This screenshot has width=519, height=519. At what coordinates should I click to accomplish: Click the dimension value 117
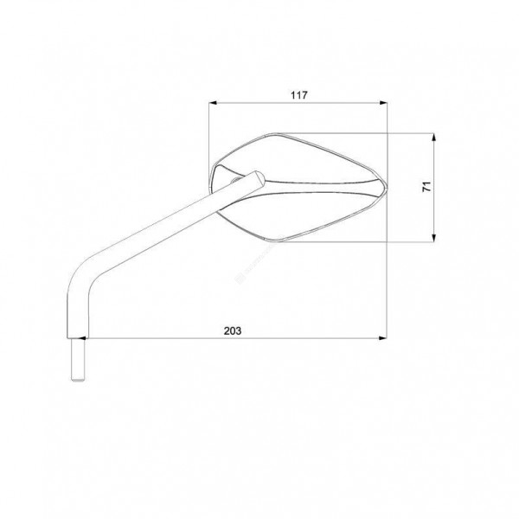click(x=299, y=95)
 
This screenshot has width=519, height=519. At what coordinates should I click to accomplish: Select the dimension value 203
click(x=233, y=330)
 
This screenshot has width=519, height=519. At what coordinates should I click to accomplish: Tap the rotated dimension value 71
click(x=427, y=186)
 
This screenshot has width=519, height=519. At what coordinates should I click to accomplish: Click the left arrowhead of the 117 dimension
click(x=213, y=103)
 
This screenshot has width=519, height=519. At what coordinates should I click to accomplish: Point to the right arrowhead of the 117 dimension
click(x=383, y=103)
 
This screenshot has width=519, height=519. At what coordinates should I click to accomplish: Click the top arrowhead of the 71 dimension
click(x=434, y=138)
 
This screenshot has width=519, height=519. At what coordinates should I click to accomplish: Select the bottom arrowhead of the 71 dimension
click(x=434, y=238)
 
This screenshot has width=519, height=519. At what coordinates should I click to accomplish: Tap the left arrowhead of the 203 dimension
click(x=81, y=338)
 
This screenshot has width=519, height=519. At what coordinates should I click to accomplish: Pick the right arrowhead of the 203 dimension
click(x=383, y=338)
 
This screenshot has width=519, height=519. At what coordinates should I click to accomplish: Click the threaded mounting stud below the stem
click(x=78, y=360)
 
